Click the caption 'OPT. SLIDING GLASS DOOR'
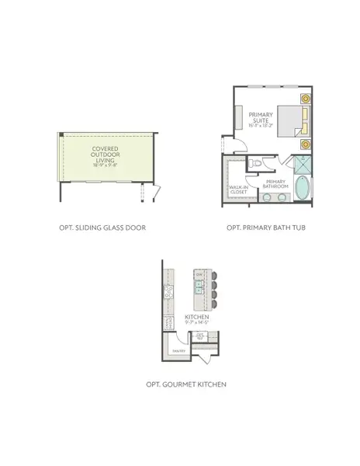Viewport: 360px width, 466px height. click(102, 228)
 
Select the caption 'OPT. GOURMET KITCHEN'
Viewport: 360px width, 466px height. click(186, 384)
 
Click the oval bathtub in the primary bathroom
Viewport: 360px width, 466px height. click(299, 190)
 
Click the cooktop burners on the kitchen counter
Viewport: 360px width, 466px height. click(167, 293)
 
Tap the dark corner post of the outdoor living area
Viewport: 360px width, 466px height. click(60, 135)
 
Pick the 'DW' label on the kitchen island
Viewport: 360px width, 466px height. click(199, 276)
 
